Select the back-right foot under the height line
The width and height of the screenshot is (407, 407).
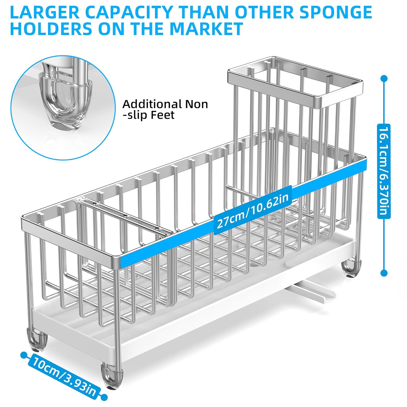pyautogui.click(x=351, y=269)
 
